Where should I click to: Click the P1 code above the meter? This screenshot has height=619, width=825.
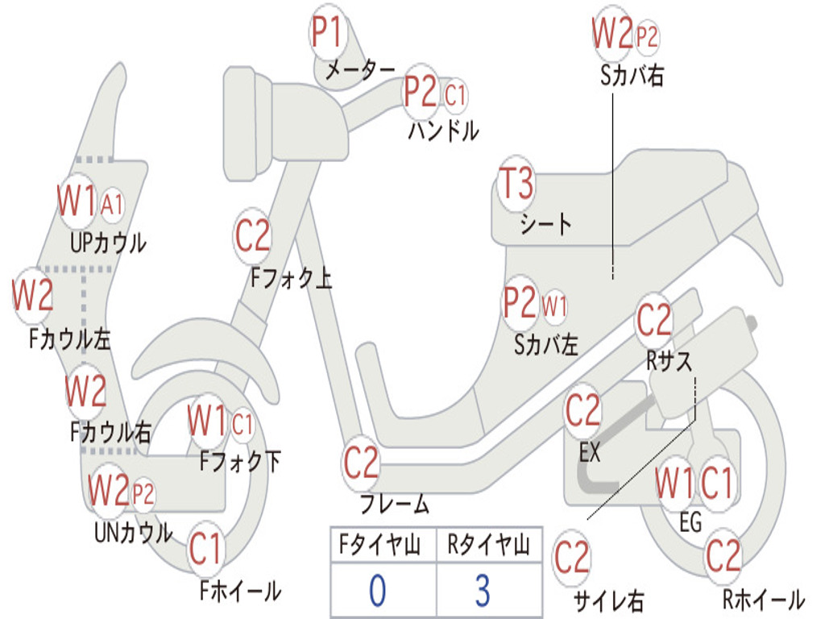[x=327, y=31]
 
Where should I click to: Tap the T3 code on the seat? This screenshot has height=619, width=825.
[x=516, y=183]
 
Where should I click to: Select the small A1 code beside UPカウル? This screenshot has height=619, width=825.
[x=111, y=204]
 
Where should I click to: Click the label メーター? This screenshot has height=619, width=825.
[x=360, y=69]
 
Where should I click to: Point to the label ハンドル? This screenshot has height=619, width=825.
[x=443, y=130]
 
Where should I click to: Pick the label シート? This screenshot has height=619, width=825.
[x=545, y=223]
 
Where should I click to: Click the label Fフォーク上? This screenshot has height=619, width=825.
[x=291, y=277]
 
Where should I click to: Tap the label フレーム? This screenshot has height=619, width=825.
[x=395, y=504]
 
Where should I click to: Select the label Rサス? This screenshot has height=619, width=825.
[x=669, y=361]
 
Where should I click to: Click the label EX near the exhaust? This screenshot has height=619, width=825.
[x=590, y=451]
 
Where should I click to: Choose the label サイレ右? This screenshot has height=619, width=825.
[x=608, y=600]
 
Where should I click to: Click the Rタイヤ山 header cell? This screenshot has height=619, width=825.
[x=489, y=544]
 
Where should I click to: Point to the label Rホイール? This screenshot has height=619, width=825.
[x=764, y=599]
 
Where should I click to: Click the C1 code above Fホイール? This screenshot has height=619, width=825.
[x=205, y=548]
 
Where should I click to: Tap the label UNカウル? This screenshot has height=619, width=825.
[x=133, y=532]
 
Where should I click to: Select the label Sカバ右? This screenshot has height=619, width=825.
[x=632, y=75]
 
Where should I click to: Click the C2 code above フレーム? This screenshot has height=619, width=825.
[x=361, y=462]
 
